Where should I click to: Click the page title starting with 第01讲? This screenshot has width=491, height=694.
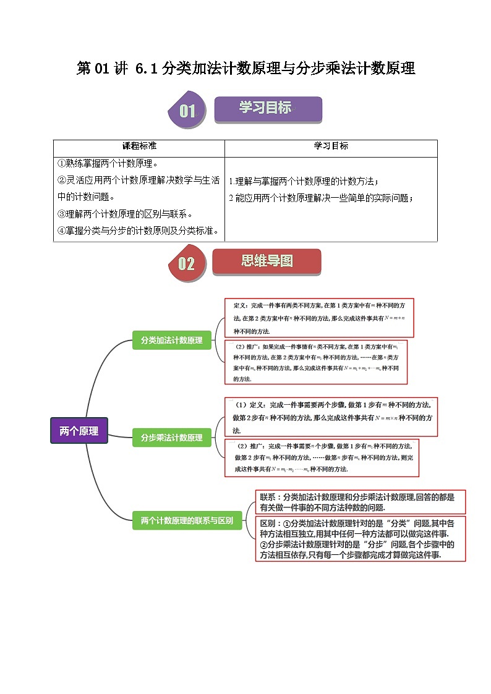pos(246,69)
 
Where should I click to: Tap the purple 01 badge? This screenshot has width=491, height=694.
pos(187,111)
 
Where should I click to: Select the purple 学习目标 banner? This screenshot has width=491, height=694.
pos(268,109)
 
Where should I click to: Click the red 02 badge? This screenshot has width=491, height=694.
pos(186,264)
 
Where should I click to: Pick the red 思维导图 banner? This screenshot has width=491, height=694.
pos(267,261)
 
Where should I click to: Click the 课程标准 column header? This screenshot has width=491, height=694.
pos(139,146)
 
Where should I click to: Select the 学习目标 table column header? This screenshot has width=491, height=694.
pos(331,146)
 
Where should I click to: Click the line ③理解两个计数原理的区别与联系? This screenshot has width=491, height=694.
pos(125,214)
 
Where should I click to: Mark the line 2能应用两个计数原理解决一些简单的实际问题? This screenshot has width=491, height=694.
pos(320,198)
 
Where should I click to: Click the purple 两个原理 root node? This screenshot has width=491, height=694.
pos(79,431)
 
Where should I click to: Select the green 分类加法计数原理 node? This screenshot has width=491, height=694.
pos(171,340)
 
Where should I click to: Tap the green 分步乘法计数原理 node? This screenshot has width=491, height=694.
pos(171,437)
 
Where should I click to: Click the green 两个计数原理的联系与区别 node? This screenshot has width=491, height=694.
pos(187,520)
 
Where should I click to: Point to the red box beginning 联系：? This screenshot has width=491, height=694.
pos(361,502)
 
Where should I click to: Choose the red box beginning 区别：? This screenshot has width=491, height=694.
pos(361,539)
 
